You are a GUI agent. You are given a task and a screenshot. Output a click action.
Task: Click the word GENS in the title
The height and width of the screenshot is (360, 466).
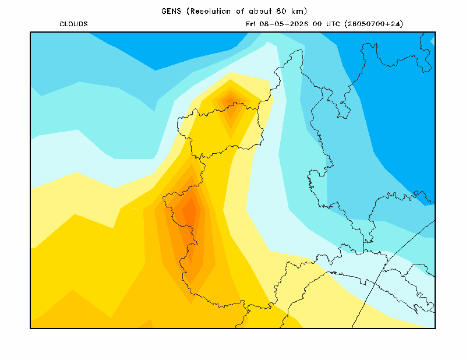tap(171, 11)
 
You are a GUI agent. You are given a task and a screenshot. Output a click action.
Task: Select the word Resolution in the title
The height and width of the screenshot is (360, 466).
tap(210, 11)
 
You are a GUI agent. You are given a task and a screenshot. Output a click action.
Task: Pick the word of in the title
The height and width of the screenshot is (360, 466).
tap(240, 11)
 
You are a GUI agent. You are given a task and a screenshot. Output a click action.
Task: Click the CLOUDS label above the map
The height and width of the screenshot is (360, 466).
tap(73, 24)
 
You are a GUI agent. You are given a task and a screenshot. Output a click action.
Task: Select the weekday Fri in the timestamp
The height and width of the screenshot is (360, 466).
tap(250, 24)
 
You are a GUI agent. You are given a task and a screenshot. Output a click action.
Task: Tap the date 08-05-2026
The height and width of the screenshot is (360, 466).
tap(284, 24)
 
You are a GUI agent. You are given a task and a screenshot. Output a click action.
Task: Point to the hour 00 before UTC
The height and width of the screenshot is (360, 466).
tap(317, 24)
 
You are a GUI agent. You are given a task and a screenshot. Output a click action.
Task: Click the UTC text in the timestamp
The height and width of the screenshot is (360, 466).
tap(333, 24)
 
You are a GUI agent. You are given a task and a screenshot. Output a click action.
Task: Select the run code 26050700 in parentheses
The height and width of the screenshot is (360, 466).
tap(366, 24)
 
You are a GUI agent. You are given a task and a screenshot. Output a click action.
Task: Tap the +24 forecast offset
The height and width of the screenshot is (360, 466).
tap(393, 24)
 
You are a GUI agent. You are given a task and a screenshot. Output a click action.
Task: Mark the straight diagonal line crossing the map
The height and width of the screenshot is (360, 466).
tap(393, 274)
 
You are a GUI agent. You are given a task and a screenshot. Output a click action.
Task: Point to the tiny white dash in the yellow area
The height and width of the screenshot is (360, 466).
tap(135, 209)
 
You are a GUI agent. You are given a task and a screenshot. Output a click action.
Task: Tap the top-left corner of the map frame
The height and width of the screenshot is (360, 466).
tap(30, 32)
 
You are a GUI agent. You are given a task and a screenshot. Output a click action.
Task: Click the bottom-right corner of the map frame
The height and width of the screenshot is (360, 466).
tap(435, 328)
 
